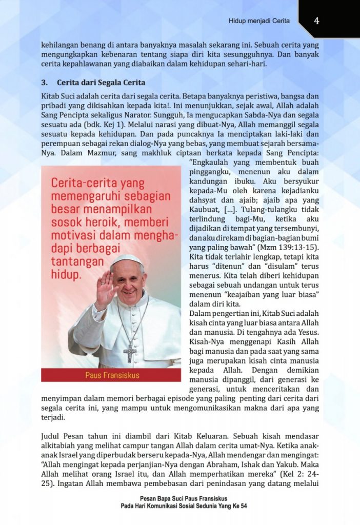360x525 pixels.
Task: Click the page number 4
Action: click(x=317, y=21)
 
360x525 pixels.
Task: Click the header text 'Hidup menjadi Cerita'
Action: click(x=259, y=21)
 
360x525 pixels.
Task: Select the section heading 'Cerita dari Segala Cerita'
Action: click(x=101, y=82)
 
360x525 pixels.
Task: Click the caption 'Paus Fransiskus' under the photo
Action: click(x=111, y=375)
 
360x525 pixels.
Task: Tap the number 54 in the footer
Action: click(x=243, y=506)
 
